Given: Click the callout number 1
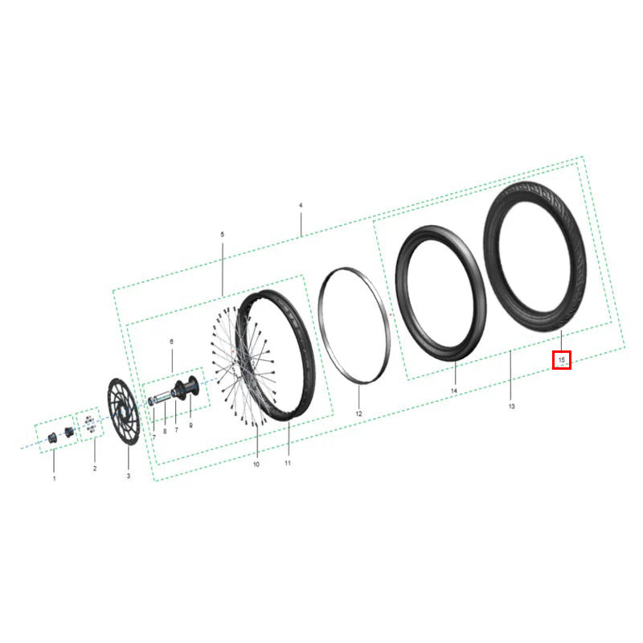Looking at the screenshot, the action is (x=54, y=478).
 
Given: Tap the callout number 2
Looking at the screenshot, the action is (x=95, y=469).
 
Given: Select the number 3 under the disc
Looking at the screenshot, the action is (x=129, y=476).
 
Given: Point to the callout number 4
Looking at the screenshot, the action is (x=301, y=205).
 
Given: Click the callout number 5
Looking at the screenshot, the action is (x=223, y=235).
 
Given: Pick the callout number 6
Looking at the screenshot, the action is (x=171, y=342).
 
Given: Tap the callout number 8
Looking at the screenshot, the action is (x=165, y=431).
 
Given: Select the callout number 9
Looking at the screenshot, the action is (x=190, y=425).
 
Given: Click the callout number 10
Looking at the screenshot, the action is (x=256, y=465).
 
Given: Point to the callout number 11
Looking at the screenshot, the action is (x=288, y=463).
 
